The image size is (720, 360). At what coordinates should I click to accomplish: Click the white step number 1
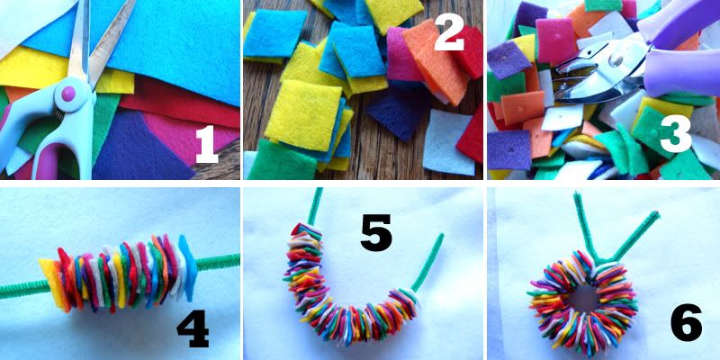[x=206, y=144]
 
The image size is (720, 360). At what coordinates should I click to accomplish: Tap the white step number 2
[x=449, y=31]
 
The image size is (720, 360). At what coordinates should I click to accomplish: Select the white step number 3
[x=676, y=134]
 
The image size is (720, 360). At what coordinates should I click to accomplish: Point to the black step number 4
[x=193, y=330]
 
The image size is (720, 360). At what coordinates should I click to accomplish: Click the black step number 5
[x=376, y=232]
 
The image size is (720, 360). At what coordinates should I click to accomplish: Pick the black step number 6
[x=687, y=323]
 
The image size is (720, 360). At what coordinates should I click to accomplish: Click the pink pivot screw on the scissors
[x=68, y=94]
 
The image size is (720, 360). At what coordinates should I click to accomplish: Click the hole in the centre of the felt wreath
[x=582, y=298]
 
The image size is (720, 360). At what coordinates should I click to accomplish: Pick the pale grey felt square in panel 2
[x=448, y=142]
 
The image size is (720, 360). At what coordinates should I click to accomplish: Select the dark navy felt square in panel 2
[x=396, y=116]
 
